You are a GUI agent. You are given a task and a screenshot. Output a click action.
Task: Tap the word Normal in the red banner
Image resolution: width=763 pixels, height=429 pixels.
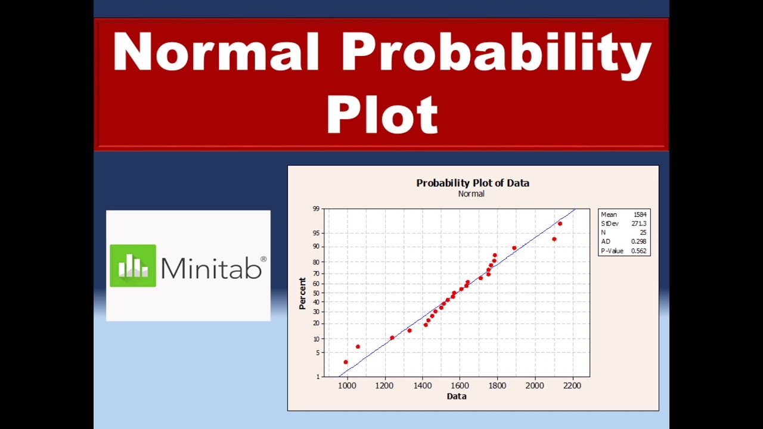[x=216, y=52]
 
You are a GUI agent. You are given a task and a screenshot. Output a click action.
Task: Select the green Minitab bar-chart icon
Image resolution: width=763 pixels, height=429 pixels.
[x=133, y=266]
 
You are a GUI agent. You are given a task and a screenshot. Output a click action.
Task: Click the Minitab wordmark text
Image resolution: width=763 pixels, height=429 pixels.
[x=211, y=268]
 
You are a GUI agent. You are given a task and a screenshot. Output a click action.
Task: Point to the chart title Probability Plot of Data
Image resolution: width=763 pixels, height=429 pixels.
[x=473, y=183]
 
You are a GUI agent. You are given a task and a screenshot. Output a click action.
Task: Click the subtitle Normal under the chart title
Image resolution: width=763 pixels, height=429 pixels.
[x=471, y=194]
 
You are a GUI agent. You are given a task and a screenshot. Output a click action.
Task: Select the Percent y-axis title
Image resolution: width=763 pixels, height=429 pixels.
[x=302, y=293]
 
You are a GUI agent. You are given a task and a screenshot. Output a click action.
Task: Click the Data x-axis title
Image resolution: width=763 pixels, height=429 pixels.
[x=457, y=396]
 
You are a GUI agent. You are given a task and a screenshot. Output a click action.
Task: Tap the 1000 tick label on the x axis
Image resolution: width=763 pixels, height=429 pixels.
[x=347, y=386]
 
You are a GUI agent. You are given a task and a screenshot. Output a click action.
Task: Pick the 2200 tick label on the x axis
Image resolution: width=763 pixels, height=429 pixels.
[x=572, y=386]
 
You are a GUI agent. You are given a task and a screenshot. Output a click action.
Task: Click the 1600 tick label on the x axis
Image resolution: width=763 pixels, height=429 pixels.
[x=460, y=386]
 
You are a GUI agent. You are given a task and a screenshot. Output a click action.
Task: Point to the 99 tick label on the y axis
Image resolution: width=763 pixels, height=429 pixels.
[x=316, y=209]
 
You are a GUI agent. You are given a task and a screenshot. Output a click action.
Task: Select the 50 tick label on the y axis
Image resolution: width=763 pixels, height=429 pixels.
[x=316, y=293]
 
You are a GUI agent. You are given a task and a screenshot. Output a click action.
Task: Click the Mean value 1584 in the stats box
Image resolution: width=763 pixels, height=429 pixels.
[x=640, y=214]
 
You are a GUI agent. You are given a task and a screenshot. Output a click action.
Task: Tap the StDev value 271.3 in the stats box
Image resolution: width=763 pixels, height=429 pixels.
[x=638, y=223]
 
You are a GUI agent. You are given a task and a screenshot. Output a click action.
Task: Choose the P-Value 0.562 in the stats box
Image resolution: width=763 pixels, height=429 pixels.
[x=638, y=251]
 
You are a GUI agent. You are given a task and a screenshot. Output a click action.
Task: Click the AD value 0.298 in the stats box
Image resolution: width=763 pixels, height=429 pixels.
[x=638, y=242]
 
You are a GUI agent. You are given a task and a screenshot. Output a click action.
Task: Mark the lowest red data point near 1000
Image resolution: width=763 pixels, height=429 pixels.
[x=346, y=362]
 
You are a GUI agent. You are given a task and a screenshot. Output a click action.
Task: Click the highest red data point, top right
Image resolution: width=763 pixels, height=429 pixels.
[x=560, y=223]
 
